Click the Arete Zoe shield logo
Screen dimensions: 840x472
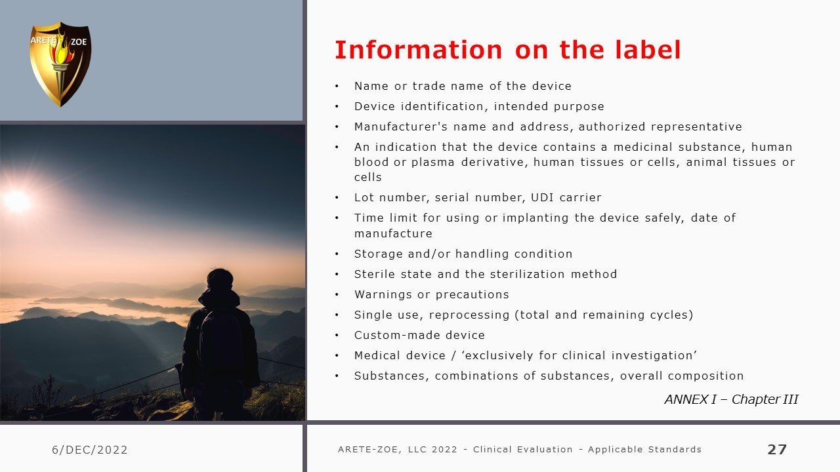click(60, 64)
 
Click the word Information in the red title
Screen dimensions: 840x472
click(419, 50)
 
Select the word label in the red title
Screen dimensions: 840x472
click(648, 50)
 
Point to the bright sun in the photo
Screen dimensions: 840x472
click(17, 201)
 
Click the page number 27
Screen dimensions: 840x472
click(777, 449)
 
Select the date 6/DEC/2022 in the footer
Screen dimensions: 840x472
click(90, 450)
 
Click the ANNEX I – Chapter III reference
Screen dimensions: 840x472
click(731, 399)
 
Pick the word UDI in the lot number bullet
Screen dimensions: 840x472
click(542, 197)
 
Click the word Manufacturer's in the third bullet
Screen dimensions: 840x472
click(401, 127)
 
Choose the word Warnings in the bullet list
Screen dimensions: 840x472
click(383, 294)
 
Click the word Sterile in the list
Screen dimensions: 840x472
click(375, 274)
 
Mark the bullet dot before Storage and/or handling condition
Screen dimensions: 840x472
click(337, 254)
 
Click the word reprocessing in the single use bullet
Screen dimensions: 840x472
click(469, 315)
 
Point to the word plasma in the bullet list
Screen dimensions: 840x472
click(432, 162)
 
